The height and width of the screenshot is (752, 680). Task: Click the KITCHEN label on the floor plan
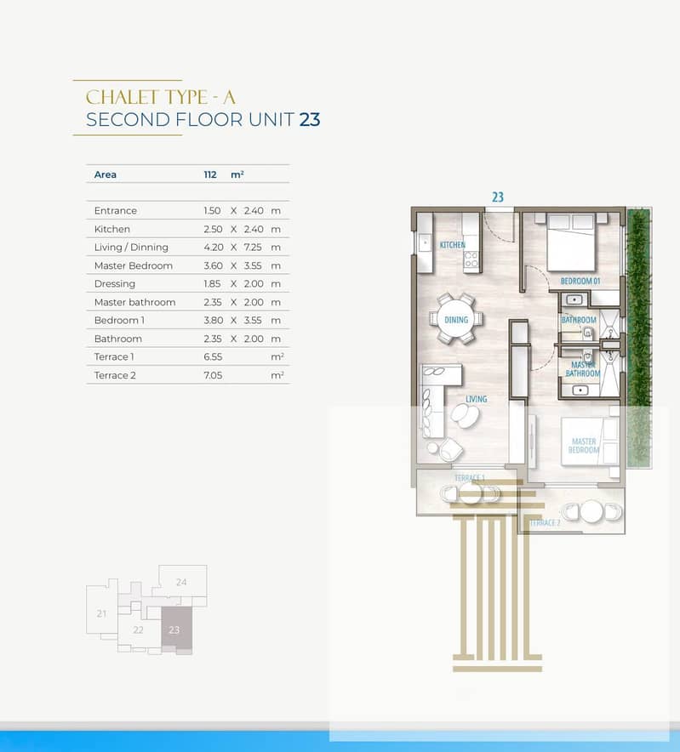[x=453, y=245]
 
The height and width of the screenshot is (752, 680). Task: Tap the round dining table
[x=456, y=319]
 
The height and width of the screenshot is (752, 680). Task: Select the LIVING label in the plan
[x=476, y=398]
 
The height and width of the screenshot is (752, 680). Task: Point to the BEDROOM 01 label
[x=580, y=281]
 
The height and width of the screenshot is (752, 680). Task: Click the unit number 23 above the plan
[x=498, y=197]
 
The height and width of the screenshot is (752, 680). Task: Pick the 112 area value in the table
[x=210, y=174]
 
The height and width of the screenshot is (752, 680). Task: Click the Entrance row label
[x=116, y=210]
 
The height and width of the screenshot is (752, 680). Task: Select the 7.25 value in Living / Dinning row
[x=253, y=248]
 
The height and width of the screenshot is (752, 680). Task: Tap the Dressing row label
[x=115, y=284]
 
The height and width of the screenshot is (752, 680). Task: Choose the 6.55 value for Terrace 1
[x=213, y=356]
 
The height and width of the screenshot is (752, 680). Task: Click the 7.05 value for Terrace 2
[x=213, y=375]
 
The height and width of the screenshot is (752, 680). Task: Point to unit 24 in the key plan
[x=181, y=582]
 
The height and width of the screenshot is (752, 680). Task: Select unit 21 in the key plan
[x=101, y=613]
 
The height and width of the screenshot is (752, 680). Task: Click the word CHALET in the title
[x=122, y=97]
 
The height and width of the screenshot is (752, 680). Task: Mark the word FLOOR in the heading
[x=209, y=120]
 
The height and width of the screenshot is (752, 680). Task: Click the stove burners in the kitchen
[x=471, y=259]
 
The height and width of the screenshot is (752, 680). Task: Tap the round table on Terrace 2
[x=591, y=512]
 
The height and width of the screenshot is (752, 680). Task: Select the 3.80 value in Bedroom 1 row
[x=213, y=321]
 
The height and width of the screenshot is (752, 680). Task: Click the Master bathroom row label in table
[x=134, y=302]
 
